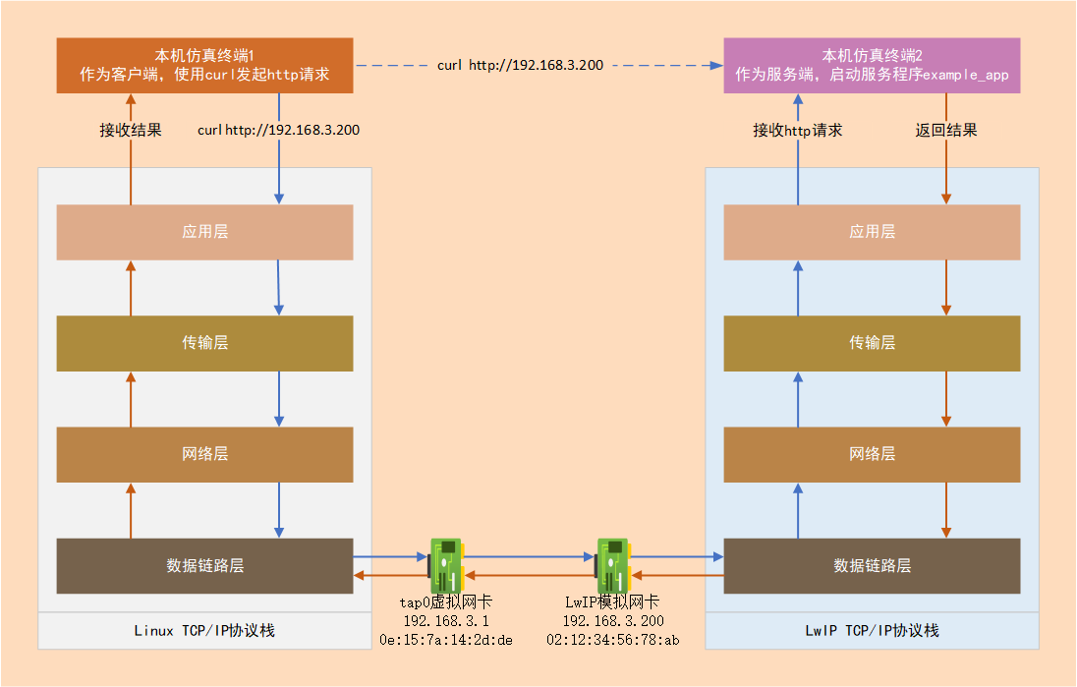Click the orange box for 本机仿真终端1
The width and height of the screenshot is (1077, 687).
[x=204, y=65]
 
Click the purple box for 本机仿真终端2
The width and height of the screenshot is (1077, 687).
[x=872, y=65]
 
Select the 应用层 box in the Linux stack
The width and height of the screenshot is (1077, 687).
[x=204, y=232]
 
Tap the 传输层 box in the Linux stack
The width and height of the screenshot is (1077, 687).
[x=204, y=343]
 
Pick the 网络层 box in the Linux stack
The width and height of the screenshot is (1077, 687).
[x=204, y=454]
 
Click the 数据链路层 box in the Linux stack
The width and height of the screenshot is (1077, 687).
[x=204, y=565]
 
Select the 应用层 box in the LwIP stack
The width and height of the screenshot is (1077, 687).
[x=872, y=232]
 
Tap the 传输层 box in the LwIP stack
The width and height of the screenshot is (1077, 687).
[x=872, y=343]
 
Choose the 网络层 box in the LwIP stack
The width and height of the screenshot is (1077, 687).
[x=872, y=454]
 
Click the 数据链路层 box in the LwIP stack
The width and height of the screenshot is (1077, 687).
[x=872, y=565]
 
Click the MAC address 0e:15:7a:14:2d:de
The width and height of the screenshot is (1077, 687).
[x=446, y=640]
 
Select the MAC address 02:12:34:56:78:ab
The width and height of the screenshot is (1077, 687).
[x=612, y=640]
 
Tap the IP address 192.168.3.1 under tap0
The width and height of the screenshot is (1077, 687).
[x=446, y=621]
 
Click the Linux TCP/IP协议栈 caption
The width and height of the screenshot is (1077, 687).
[x=204, y=630]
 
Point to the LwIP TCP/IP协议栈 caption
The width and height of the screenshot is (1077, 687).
[x=872, y=630]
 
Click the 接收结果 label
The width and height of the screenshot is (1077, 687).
[x=131, y=130]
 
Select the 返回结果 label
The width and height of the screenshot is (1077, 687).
[x=946, y=130]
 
